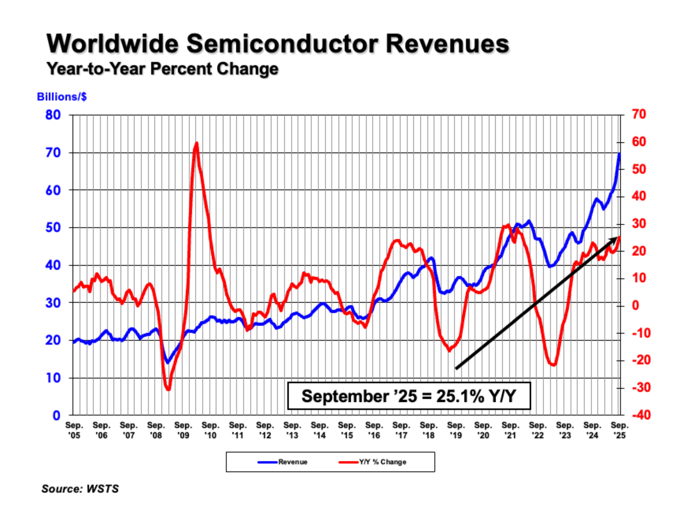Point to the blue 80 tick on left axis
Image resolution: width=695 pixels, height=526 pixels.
[53, 115]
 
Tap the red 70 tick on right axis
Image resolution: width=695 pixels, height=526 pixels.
[639, 114]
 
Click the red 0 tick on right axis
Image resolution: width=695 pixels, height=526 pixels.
[635, 305]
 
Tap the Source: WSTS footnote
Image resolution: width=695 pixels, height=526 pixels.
[80, 489]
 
